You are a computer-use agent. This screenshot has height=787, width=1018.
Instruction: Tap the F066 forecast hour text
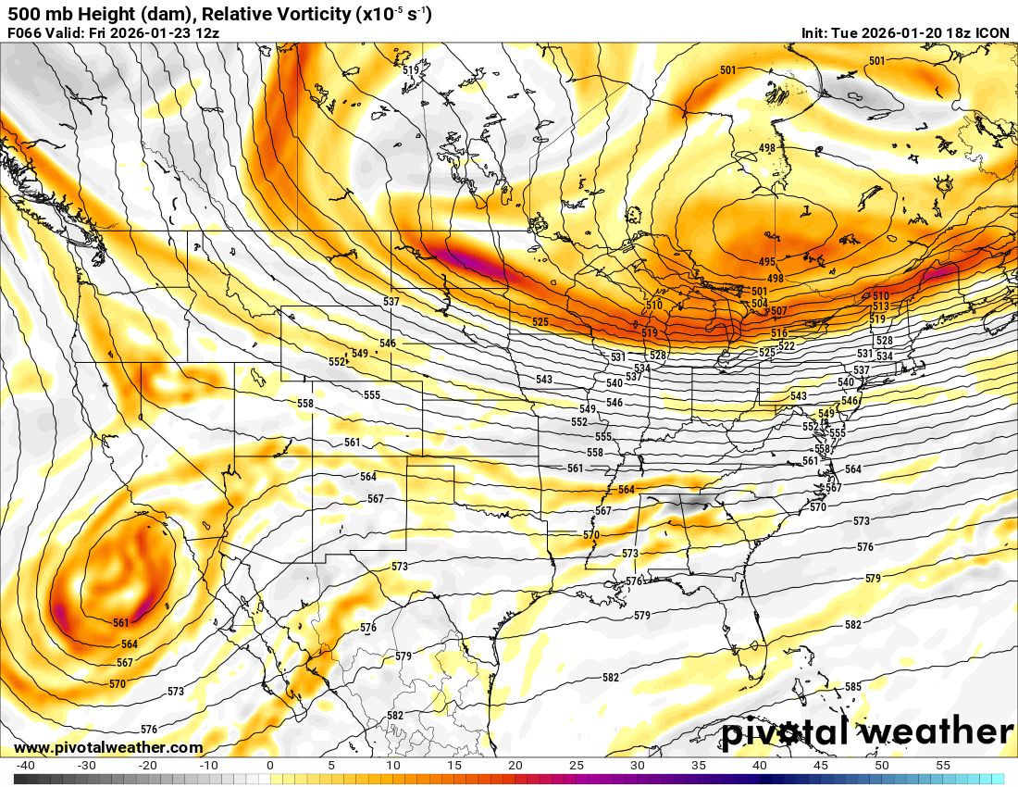click(24, 33)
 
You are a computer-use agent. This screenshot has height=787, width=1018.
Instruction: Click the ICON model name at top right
click(993, 33)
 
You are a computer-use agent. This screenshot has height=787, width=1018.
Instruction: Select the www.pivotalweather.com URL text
click(108, 747)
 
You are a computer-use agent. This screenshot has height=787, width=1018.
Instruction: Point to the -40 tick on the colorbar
click(25, 766)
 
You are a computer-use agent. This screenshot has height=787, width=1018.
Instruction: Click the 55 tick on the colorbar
click(943, 766)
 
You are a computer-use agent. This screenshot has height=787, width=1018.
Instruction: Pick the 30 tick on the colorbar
click(638, 766)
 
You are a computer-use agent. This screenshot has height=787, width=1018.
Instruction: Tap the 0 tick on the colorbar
click(269, 766)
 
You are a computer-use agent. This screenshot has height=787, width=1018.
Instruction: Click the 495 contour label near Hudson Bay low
click(766, 263)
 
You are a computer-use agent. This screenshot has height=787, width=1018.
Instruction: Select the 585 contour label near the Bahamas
click(853, 687)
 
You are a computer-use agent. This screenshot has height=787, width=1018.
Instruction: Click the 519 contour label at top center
click(412, 69)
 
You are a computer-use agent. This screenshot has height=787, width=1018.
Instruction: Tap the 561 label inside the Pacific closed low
click(121, 623)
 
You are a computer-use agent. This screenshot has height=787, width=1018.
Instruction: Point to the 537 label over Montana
click(391, 303)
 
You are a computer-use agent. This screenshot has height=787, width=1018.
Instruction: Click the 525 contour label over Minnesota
click(540, 322)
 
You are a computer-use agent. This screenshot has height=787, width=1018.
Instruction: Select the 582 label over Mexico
click(395, 716)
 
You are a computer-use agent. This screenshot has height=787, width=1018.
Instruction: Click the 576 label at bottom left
click(148, 730)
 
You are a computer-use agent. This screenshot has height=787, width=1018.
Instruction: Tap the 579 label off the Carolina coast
click(873, 578)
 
